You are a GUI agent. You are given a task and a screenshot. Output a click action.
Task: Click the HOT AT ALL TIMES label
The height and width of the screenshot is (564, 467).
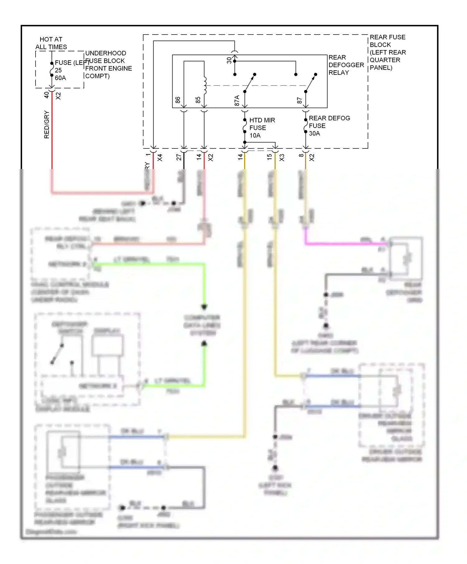click(51, 43)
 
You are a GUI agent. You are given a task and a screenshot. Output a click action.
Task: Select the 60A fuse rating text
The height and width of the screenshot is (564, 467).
click(60, 78)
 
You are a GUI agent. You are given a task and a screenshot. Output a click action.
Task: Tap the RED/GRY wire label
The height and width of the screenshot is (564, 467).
click(47, 125)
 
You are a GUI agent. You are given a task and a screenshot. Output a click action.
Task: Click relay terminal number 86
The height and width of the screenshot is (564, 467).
click(178, 100)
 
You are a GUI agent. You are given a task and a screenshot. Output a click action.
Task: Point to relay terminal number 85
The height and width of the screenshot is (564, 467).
click(198, 100)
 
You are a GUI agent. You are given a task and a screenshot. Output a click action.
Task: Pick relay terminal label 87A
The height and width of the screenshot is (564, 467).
click(237, 101)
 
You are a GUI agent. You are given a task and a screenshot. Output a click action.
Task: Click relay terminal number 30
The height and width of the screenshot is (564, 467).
click(229, 60)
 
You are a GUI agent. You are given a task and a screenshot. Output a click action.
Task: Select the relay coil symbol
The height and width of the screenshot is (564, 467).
click(205, 85)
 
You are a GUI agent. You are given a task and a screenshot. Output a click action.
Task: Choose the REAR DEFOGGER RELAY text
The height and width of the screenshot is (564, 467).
click(346, 65)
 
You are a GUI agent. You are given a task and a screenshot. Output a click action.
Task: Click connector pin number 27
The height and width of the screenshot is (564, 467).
click(179, 157)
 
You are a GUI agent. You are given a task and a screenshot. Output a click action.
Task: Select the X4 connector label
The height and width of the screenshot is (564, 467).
click(160, 157)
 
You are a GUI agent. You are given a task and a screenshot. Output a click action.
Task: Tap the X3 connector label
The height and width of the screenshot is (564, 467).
click(282, 157)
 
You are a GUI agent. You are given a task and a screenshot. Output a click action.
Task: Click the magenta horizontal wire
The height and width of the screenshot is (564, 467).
click(342, 243)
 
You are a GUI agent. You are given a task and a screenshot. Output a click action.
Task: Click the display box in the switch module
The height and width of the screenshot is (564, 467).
click(107, 345)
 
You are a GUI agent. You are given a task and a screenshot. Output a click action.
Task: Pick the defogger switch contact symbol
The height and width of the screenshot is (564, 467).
click(57, 354)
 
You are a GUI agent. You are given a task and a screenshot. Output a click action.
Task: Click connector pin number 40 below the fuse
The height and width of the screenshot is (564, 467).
click(47, 95)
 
